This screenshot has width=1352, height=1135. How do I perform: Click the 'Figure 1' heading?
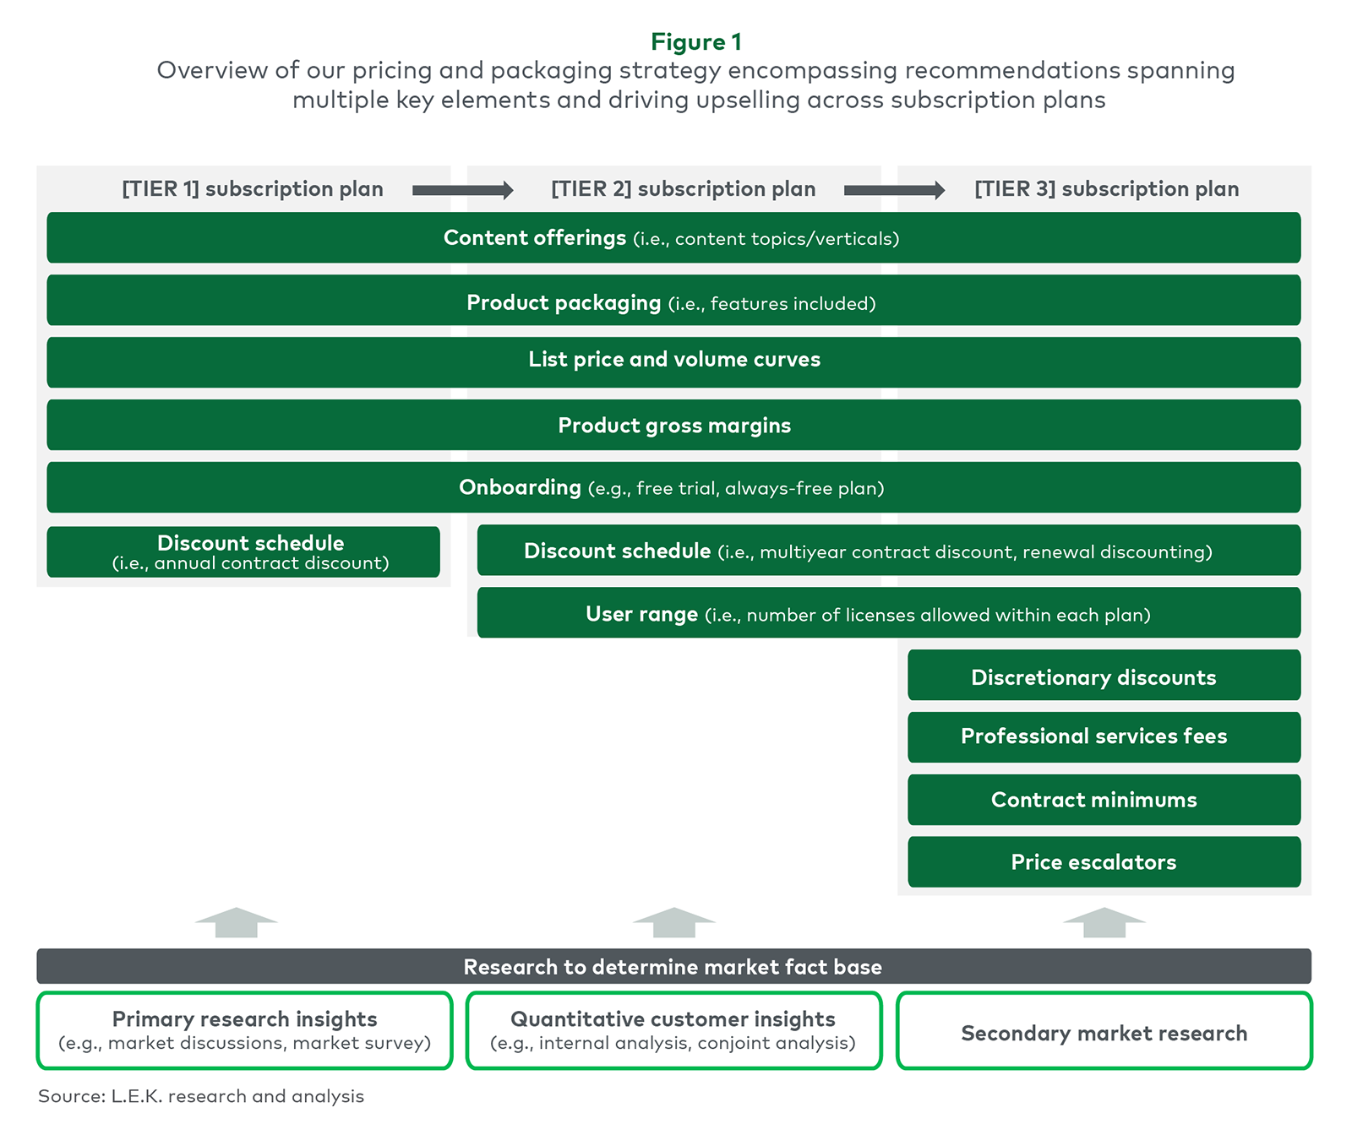(x=696, y=41)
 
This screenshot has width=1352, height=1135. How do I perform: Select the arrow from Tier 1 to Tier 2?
(x=463, y=190)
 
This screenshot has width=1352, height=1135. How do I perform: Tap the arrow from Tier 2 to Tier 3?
(x=895, y=190)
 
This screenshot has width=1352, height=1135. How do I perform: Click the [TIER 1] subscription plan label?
(x=253, y=189)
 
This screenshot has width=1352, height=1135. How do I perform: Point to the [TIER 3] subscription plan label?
(x=1107, y=189)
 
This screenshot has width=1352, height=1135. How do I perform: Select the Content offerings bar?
(x=673, y=237)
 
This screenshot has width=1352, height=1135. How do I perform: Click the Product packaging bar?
(x=673, y=300)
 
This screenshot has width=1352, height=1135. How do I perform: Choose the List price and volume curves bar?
(x=673, y=362)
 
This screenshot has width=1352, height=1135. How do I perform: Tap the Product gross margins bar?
(x=673, y=425)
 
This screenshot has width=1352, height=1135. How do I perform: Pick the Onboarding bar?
(x=673, y=487)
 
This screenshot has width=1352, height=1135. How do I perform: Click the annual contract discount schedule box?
(x=243, y=552)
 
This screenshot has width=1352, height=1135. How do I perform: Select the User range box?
(x=889, y=612)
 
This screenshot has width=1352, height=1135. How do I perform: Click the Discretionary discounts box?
(x=1104, y=675)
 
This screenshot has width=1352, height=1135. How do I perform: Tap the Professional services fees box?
(x=1104, y=737)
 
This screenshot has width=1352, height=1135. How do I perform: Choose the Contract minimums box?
(x=1104, y=800)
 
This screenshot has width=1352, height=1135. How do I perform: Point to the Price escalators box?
(x=1104, y=862)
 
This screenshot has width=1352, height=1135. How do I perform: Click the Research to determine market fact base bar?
(x=673, y=966)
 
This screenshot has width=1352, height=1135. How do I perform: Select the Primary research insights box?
(x=245, y=1030)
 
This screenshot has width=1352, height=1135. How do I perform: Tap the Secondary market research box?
(x=1104, y=1030)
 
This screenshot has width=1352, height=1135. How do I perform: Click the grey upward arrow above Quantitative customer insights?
(x=674, y=922)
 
